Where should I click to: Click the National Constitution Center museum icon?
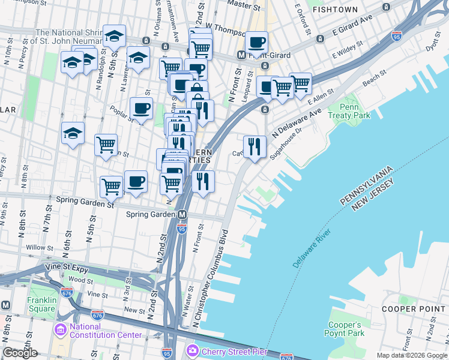(x=60, y=329)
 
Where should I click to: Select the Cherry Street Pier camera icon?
(x=193, y=350)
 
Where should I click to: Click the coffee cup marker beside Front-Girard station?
(x=256, y=43)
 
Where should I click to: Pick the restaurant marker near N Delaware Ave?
(x=255, y=146)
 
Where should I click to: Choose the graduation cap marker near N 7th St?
(x=73, y=133)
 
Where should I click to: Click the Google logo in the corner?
(x=20, y=353)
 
